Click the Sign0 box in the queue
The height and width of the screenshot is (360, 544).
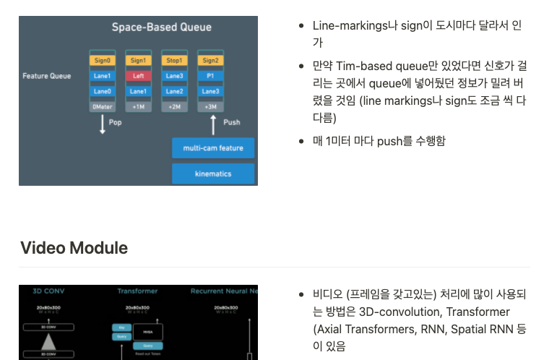point(102,61)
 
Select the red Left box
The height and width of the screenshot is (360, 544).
point(139,76)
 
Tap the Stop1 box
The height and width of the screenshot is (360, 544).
point(174,61)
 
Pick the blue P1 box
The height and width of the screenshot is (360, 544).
point(210,76)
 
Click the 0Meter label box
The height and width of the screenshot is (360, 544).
point(102,106)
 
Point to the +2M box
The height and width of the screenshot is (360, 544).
point(174,106)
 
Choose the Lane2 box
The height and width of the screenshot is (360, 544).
point(174,91)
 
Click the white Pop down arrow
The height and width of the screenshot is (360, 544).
point(102,124)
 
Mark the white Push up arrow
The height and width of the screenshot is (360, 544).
point(213,124)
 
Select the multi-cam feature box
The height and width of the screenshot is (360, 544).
point(213,148)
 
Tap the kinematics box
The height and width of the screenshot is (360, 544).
point(213,173)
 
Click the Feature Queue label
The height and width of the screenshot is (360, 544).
point(46,76)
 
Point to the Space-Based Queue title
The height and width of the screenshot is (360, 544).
point(161,27)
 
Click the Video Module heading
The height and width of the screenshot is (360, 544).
point(74,248)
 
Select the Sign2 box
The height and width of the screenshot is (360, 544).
point(210,61)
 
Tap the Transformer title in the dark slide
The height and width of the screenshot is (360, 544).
point(137,291)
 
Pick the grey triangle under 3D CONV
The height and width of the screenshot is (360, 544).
point(48,341)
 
